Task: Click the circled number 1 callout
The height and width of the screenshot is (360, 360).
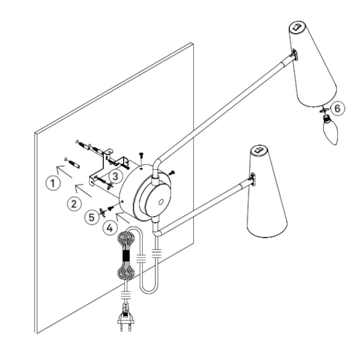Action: coord(53,182)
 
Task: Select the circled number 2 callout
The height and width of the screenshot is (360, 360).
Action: coord(74,203)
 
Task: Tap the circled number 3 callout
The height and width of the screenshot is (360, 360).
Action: coord(115,176)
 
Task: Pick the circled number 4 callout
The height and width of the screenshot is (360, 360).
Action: coord(110,227)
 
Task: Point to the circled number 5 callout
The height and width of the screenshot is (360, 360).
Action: coord(92,217)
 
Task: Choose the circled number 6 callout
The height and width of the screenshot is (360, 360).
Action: coord(337,108)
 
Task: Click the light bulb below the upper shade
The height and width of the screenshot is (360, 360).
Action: coord(331,130)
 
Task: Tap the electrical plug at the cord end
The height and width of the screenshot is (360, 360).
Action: coord(125,317)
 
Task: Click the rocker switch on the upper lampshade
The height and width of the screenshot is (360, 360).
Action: coord(297,27)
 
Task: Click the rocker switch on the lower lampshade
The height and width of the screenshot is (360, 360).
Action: coord(259,151)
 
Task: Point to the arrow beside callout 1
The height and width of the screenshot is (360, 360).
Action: coord(64,171)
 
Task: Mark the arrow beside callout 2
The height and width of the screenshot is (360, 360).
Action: coord(83,190)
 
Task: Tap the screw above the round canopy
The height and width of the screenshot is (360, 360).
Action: coord(141,155)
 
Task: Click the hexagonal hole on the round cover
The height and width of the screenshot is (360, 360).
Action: coord(161,202)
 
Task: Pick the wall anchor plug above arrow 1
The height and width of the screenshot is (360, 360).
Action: coord(72,163)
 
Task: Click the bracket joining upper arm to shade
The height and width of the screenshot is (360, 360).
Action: coord(295,55)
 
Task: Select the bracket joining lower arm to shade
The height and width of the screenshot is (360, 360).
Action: coord(253,179)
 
